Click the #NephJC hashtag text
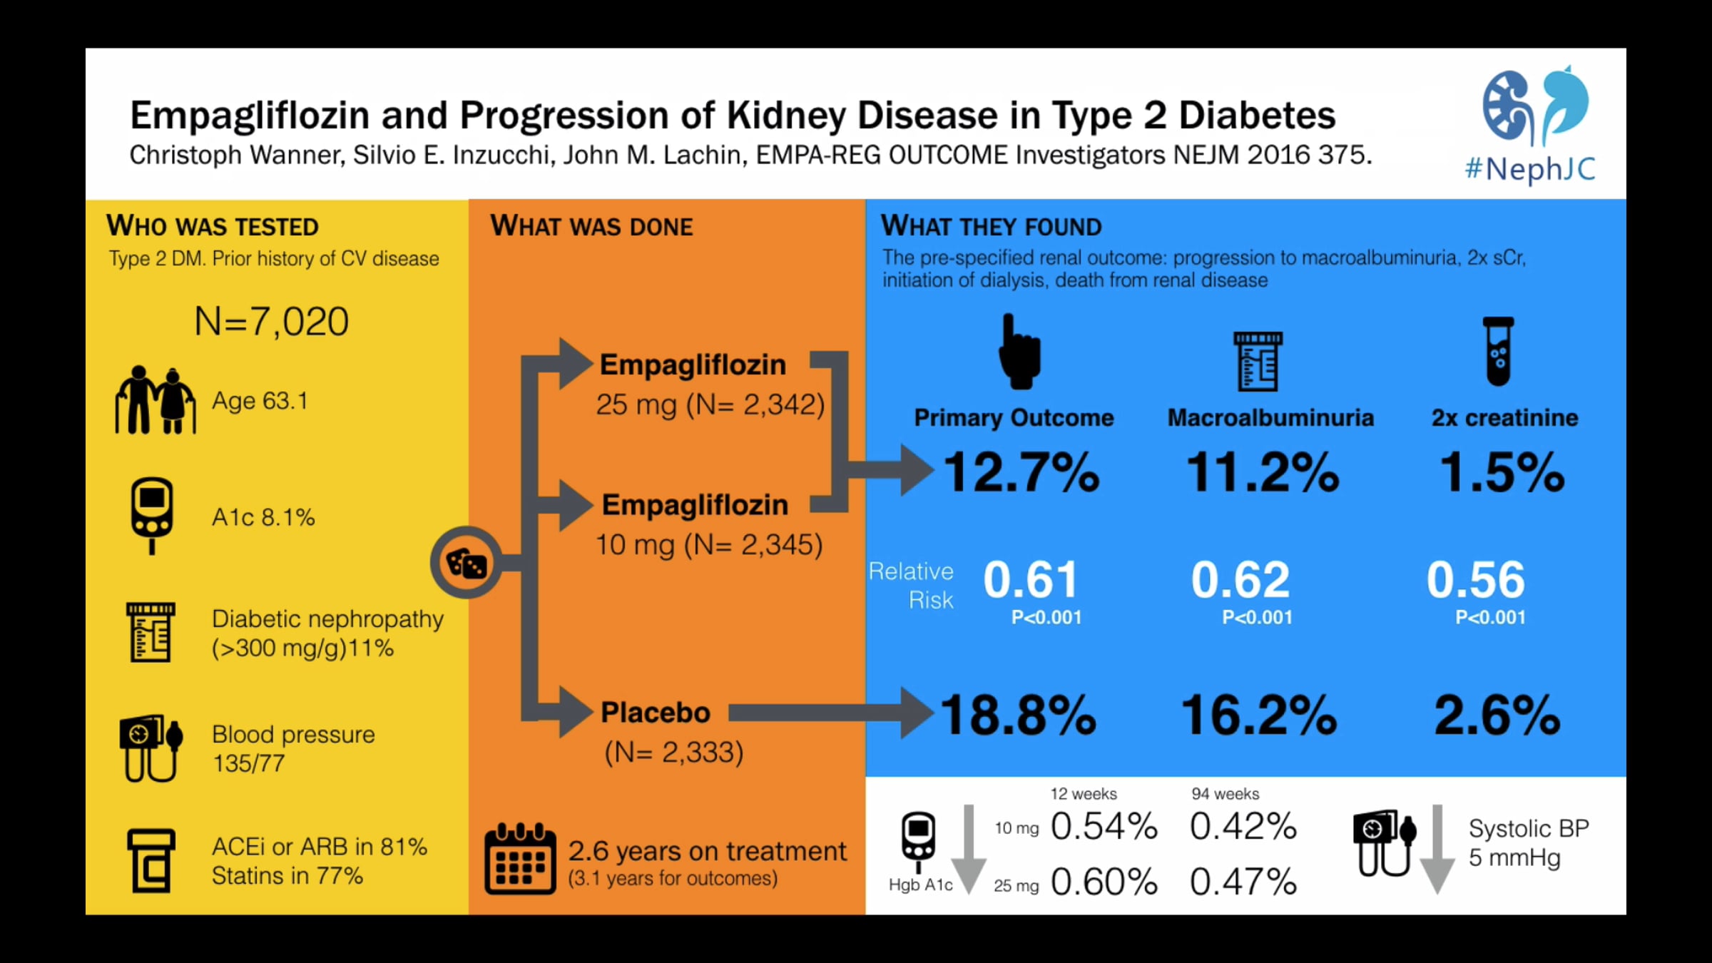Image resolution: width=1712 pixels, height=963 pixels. (1530, 170)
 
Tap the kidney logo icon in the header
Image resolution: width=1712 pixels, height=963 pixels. (1536, 106)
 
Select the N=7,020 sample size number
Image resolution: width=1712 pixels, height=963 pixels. (272, 322)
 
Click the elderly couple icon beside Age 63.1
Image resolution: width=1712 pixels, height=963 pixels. (155, 400)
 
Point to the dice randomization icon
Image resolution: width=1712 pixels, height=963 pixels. (467, 563)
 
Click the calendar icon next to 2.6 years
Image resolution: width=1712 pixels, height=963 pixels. (520, 859)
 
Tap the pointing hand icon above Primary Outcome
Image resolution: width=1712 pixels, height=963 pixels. (1020, 352)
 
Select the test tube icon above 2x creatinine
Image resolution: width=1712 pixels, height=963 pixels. (1498, 351)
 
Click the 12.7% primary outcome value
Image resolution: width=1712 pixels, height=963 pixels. (1021, 472)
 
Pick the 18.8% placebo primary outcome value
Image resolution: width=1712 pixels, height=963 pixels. (1019, 715)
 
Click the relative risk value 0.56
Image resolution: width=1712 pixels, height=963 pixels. (1475, 579)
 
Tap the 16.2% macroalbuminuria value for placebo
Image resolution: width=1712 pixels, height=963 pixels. (1260, 715)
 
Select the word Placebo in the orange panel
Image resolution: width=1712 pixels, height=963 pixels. (656, 713)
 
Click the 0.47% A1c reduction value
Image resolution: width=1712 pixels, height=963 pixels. (1243, 882)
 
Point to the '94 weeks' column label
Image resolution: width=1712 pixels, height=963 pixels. (1226, 794)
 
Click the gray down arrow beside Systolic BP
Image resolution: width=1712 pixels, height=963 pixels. (1437, 849)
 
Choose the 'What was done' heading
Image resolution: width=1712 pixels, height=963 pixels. (591, 226)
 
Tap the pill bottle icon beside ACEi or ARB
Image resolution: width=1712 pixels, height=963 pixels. (151, 861)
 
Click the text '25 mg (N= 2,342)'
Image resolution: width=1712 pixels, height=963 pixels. (710, 405)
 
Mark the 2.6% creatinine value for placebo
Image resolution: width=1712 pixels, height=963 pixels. (1497, 715)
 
